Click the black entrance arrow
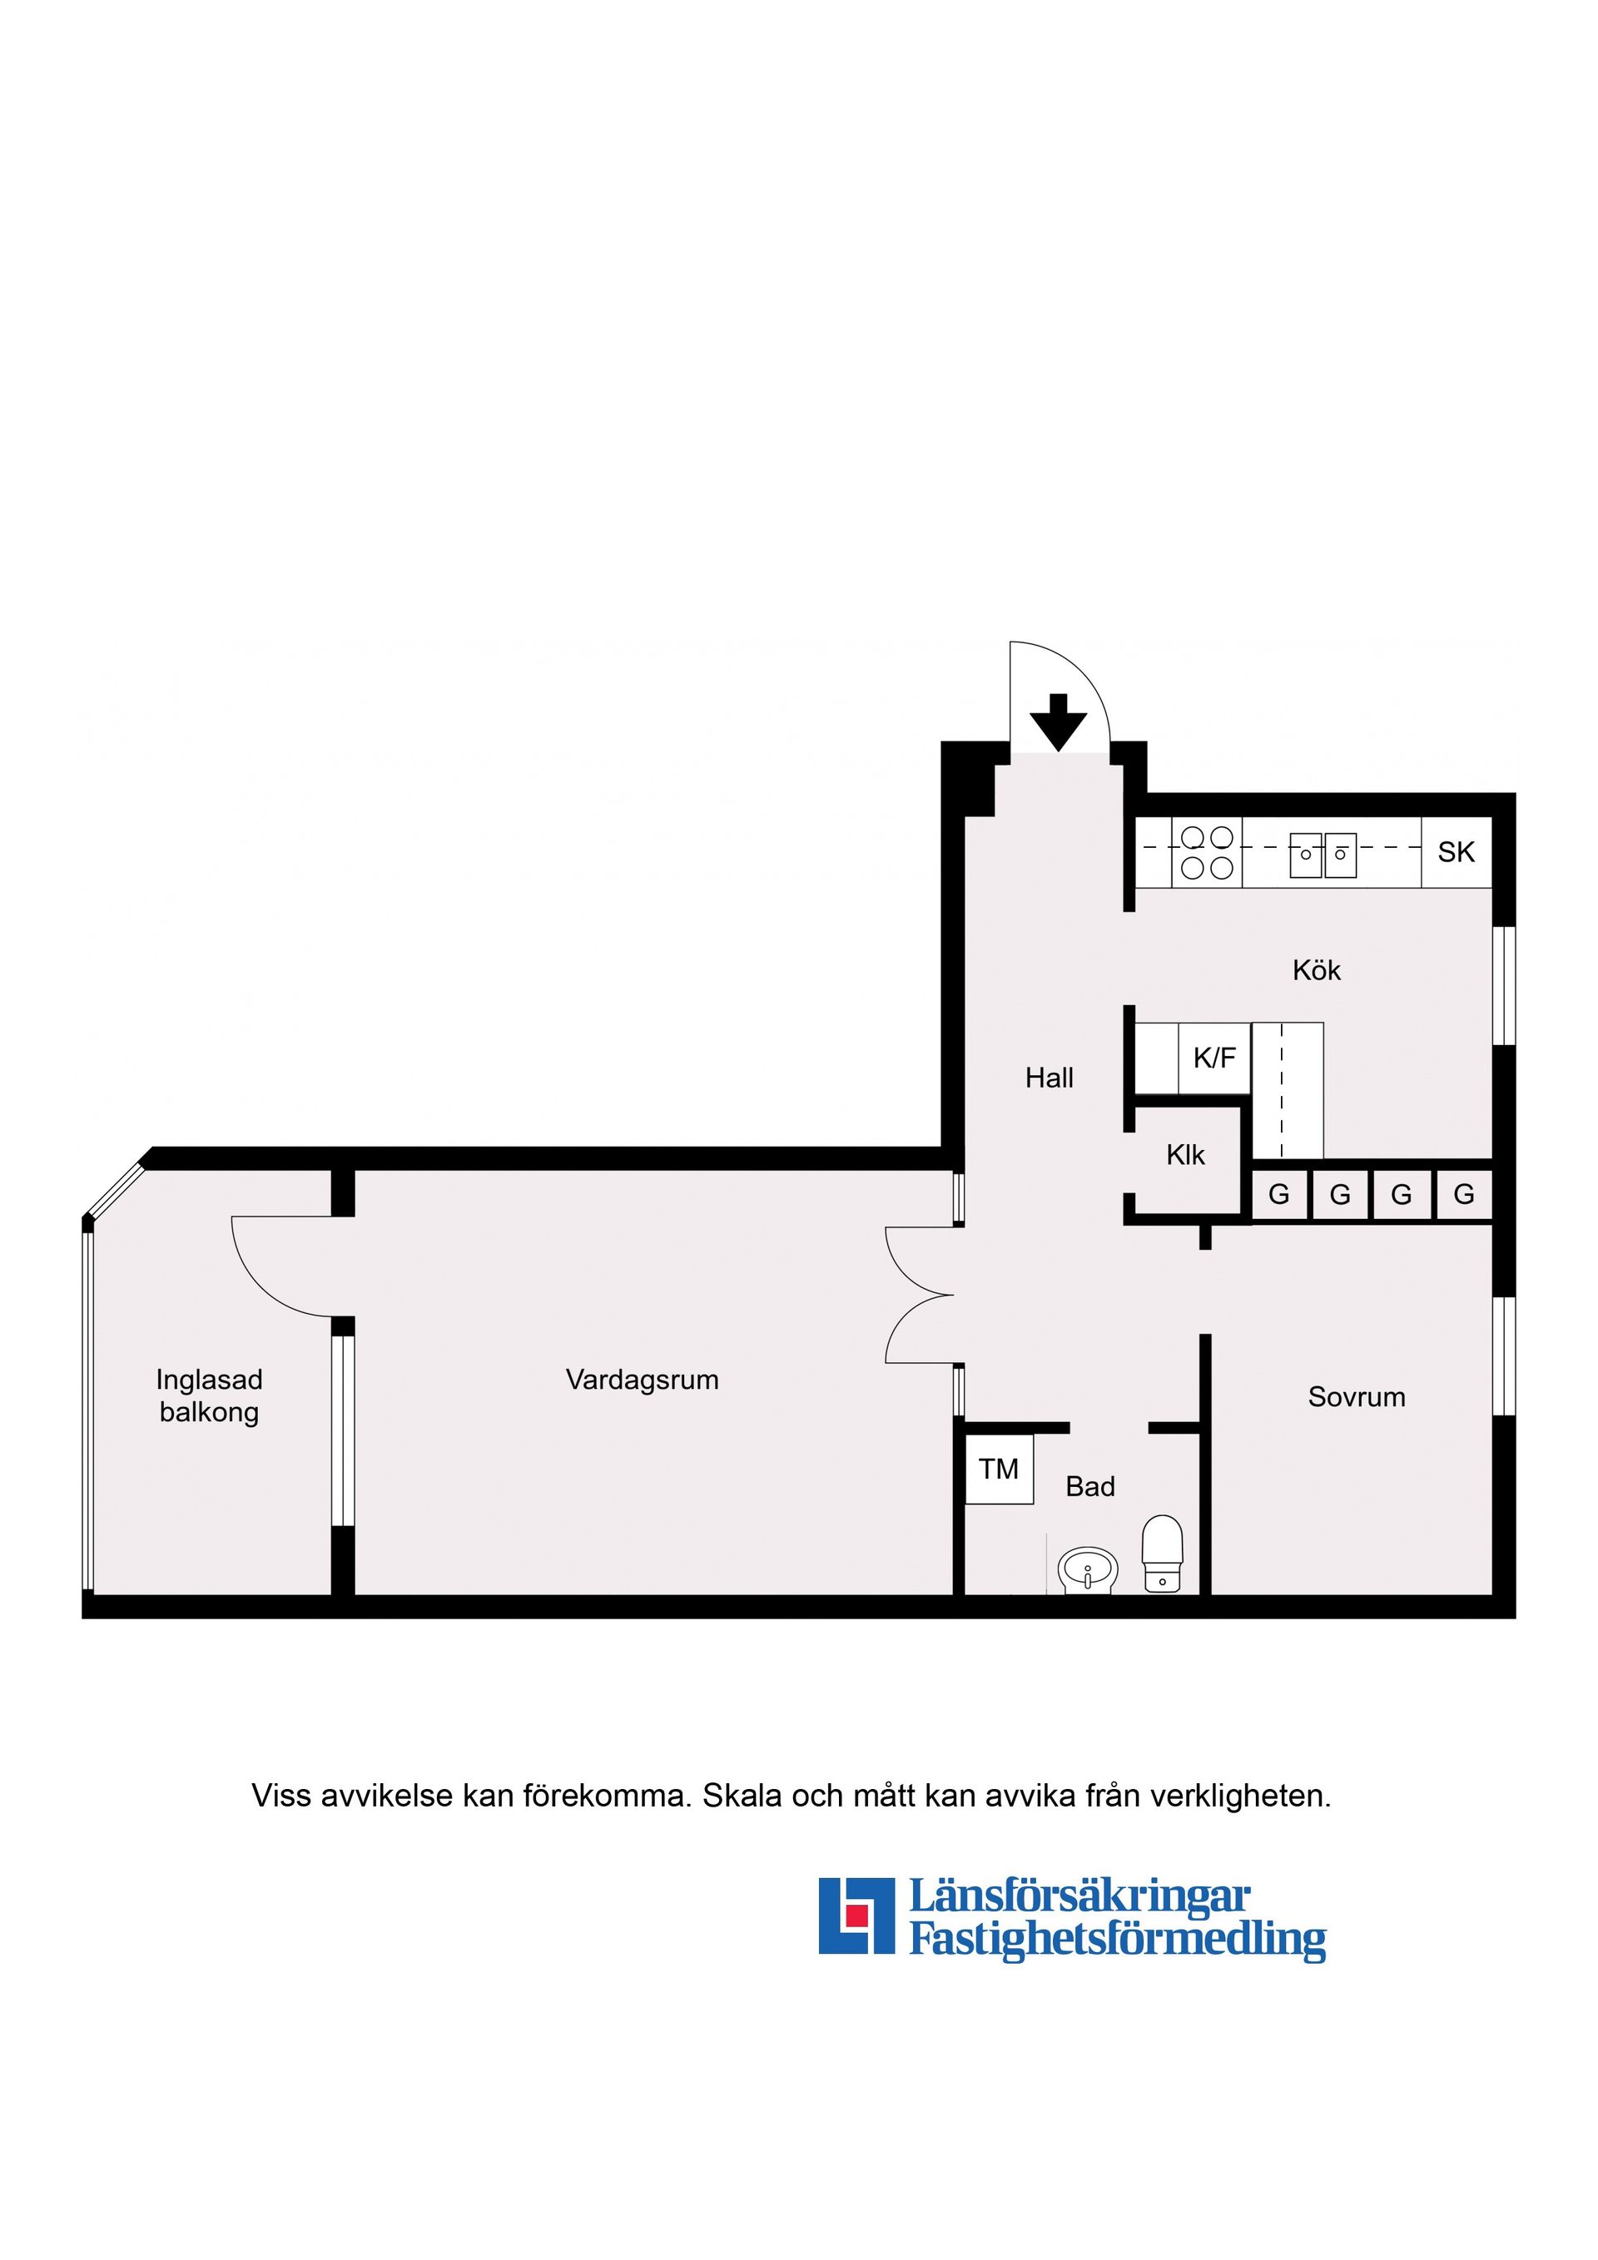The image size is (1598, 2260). (1059, 721)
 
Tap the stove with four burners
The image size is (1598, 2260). (1207, 852)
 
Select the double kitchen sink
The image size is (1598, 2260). (1323, 855)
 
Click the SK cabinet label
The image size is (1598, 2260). (1457, 851)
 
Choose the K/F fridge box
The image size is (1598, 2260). (1215, 1058)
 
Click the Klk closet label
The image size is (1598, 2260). (1185, 1155)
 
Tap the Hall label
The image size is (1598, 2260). (1050, 1078)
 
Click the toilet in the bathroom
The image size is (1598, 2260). (1162, 1554)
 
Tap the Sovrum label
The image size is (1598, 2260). (1356, 1397)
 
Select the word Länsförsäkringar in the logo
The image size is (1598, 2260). (1079, 1895)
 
